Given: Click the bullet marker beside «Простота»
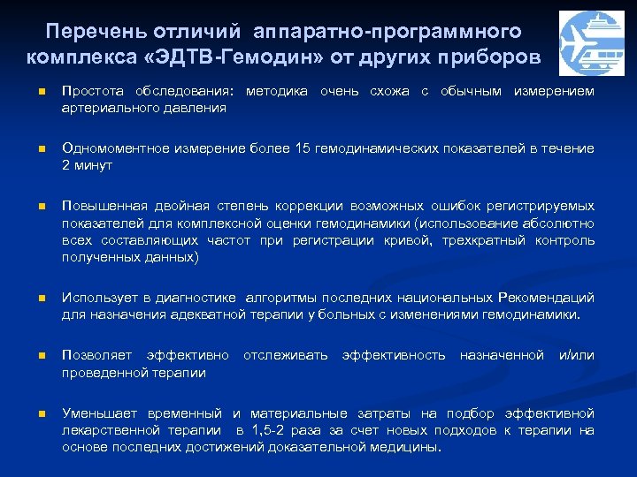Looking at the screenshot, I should pyautogui.click(x=30, y=92).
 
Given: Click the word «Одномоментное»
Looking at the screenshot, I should pyautogui.click(x=107, y=149).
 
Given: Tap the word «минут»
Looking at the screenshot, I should pyautogui.click(x=92, y=165).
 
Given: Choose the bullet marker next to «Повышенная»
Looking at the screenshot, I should pyautogui.click(x=30, y=207).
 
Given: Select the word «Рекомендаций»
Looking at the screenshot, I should pyautogui.click(x=546, y=298).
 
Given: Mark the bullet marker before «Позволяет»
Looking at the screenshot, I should pyautogui.click(x=30, y=356).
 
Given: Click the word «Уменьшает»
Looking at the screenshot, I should pyautogui.click(x=96, y=413).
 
